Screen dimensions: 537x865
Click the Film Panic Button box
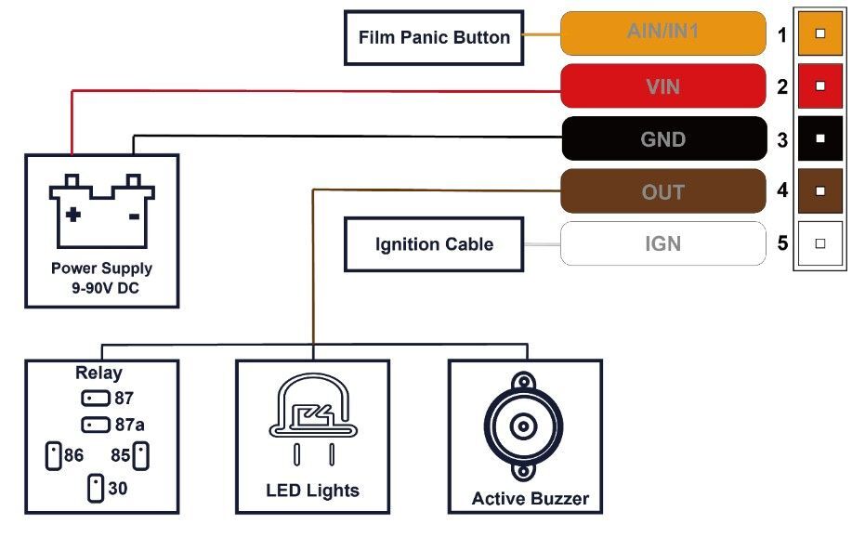tap(434, 38)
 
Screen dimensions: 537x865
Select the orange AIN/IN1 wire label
tap(662, 33)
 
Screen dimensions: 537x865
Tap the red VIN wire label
tap(662, 87)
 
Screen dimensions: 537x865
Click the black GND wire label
tap(662, 139)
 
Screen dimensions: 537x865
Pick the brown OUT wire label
tap(662, 192)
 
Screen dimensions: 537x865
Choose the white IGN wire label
tap(662, 244)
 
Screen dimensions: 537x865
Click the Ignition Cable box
tap(434, 244)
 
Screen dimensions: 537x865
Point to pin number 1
tap(782, 35)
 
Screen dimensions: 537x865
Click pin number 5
tap(782, 243)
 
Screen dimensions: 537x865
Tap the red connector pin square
tap(819, 86)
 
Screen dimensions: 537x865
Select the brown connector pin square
tap(819, 191)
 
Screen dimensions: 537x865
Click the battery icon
tap(102, 211)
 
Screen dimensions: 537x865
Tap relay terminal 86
tap(53, 456)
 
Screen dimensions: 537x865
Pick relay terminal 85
tap(141, 456)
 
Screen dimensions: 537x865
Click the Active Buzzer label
tap(530, 499)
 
